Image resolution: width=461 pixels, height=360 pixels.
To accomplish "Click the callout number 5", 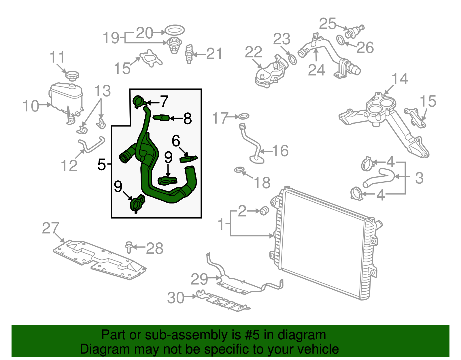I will [102, 164].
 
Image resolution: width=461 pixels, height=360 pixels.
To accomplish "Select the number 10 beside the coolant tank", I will [31, 106].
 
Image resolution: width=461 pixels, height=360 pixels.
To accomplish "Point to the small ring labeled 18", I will [239, 170].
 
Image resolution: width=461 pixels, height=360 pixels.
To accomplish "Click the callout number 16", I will [280, 151].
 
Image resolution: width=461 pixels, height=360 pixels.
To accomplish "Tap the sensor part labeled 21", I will [189, 54].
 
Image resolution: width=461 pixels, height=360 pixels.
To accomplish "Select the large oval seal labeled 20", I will [175, 30].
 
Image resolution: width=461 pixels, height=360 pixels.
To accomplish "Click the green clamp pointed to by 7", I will [139, 101].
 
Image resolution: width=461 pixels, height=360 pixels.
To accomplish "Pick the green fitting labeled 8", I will [161, 118].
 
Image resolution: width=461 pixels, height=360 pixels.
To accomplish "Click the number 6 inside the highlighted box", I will [176, 141].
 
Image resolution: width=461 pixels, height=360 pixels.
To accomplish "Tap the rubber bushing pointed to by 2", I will [264, 211].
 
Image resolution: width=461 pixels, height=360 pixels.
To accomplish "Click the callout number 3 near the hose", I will [419, 178].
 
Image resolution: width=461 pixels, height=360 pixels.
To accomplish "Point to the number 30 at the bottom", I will [176, 297].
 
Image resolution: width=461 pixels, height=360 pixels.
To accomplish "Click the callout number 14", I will [400, 79].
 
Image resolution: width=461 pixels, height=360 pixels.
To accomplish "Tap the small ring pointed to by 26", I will [341, 40].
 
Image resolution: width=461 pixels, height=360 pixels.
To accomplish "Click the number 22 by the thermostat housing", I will [254, 52].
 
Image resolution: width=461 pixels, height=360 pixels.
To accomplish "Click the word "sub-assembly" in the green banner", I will [186, 335].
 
